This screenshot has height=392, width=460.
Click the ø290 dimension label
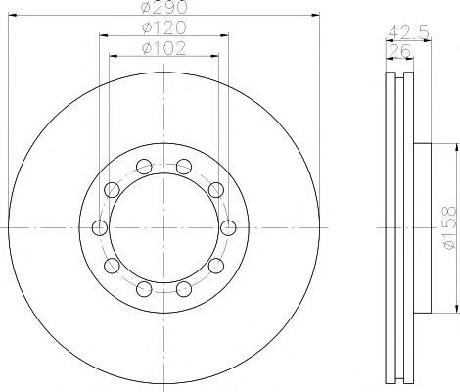(164, 7)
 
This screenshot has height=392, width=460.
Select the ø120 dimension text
(164, 27)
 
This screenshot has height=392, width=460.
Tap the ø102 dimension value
(164, 48)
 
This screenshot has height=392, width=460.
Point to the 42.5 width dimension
(409, 32)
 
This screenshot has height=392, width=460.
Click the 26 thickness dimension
(398, 51)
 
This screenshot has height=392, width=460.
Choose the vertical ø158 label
(449, 227)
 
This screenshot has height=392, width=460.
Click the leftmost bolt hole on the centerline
(100, 227)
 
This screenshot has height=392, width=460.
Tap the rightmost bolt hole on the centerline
(228, 227)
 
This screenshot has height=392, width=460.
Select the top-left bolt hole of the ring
(144, 167)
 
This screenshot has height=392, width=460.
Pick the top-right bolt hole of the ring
(184, 167)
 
